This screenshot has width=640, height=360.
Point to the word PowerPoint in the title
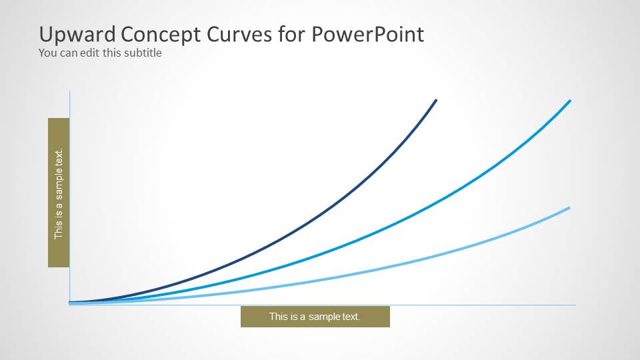367,34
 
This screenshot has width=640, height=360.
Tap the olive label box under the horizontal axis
315,317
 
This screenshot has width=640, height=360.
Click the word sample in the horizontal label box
319,317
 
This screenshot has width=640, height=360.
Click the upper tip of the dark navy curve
436,100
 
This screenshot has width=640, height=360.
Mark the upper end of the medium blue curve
570,101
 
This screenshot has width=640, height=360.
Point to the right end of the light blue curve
569,207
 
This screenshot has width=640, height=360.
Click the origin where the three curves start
70,303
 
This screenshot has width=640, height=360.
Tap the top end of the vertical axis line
69,92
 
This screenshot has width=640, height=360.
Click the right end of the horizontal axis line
575,305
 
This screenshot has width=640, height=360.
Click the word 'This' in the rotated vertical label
59,230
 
